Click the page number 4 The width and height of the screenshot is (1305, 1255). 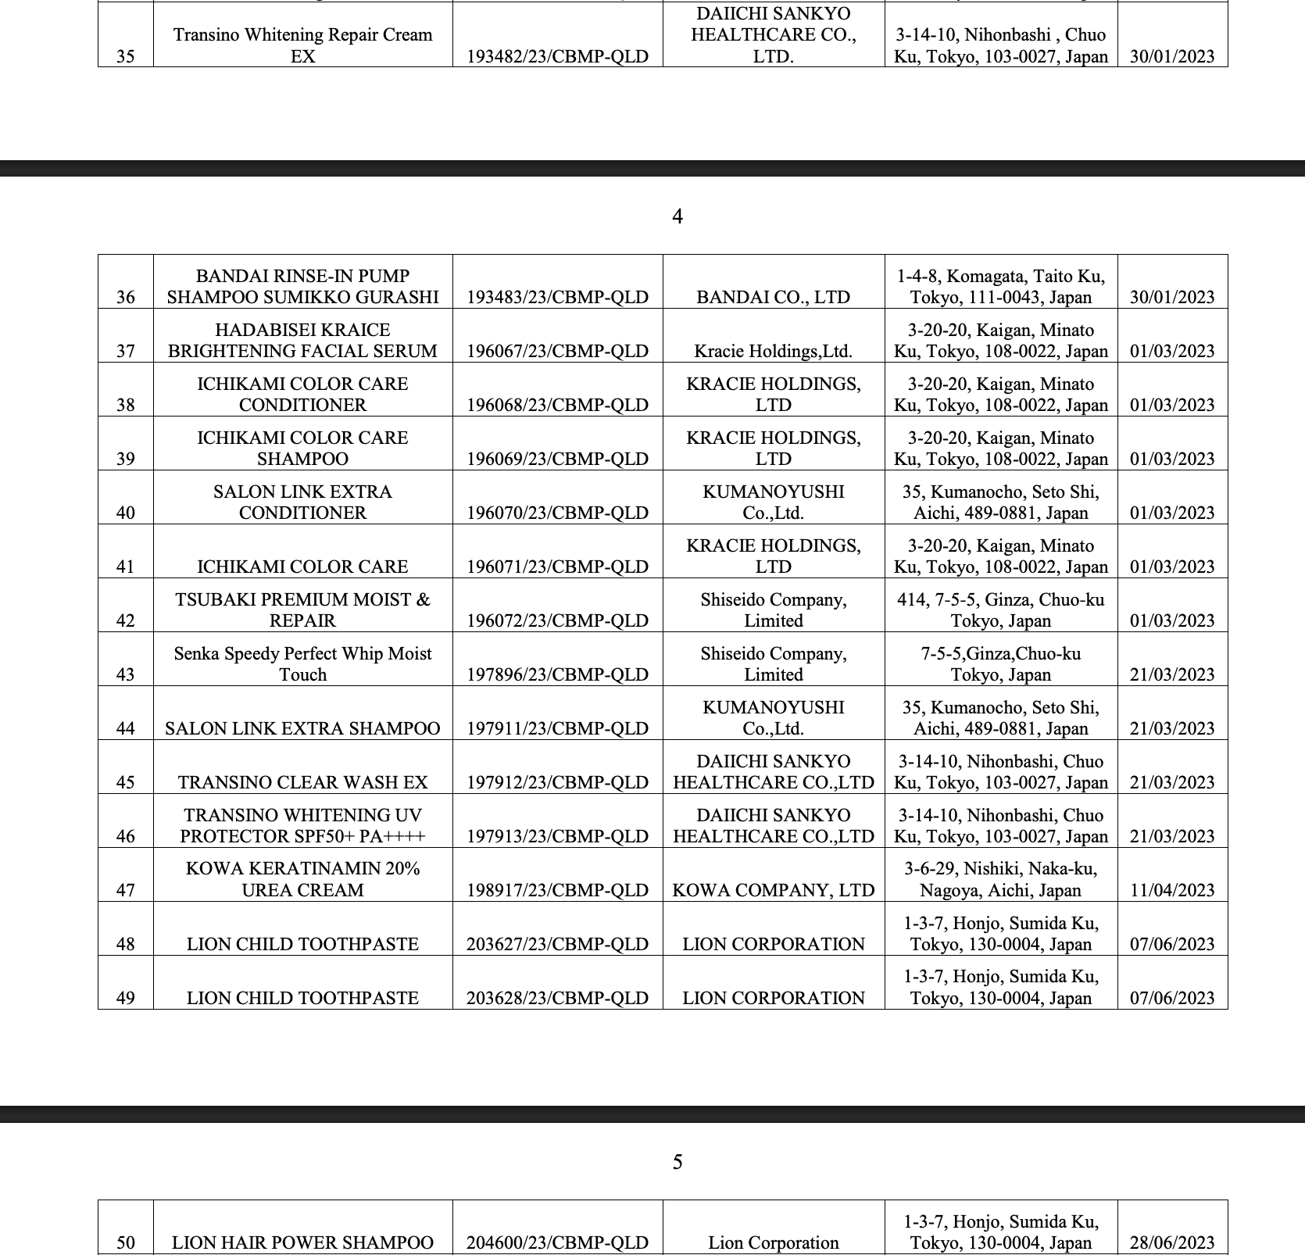pyautogui.click(x=678, y=216)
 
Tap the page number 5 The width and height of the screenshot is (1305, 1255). pyautogui.click(x=678, y=1162)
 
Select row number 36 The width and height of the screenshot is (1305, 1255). pyautogui.click(x=125, y=297)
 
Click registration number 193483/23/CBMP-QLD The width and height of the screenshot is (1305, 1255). pyautogui.click(x=557, y=297)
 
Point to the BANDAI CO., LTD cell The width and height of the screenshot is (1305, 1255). pyautogui.click(x=773, y=297)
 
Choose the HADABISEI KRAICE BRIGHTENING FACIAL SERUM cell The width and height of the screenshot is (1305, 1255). pyautogui.click(x=302, y=341)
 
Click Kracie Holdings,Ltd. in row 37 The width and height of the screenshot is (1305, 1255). pyautogui.click(x=773, y=351)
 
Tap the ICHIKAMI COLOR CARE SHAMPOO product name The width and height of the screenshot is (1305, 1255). pyautogui.click(x=302, y=449)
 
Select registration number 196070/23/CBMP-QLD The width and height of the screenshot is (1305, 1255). pyautogui.click(x=557, y=513)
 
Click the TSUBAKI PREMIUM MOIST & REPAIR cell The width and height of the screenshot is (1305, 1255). pyautogui.click(x=302, y=610)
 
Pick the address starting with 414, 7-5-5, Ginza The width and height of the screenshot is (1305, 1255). pyautogui.click(x=1000, y=610)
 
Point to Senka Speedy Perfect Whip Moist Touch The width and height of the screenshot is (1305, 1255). pyautogui.click(x=302, y=664)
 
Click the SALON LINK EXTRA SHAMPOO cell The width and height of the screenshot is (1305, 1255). pyautogui.click(x=302, y=728)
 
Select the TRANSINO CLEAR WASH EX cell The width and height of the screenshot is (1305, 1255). pyautogui.click(x=302, y=782)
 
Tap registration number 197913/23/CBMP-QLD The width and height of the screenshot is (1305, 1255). pyautogui.click(x=557, y=836)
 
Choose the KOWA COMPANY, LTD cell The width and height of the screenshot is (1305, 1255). pyautogui.click(x=773, y=890)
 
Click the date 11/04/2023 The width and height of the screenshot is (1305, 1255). pyautogui.click(x=1172, y=890)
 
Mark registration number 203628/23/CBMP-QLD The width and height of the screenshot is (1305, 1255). pyautogui.click(x=557, y=998)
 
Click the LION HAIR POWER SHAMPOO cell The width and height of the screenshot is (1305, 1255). pyautogui.click(x=302, y=1242)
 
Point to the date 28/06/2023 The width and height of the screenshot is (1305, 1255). pyautogui.click(x=1172, y=1242)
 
